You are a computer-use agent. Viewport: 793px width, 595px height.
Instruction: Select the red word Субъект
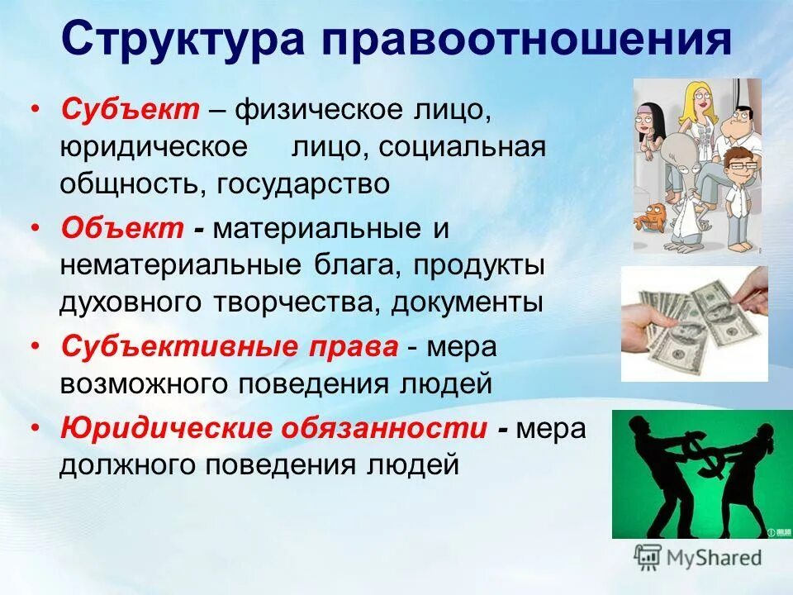pos(129,110)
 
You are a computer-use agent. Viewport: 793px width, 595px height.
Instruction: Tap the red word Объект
pos(121,228)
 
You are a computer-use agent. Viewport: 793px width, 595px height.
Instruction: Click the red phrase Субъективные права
pos(230,347)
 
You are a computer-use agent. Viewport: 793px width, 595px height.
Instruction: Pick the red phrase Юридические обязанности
pos(273,429)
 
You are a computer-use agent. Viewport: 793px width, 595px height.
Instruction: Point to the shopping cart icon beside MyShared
pos(648,557)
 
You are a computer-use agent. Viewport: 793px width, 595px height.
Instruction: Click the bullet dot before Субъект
pos(34,111)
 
